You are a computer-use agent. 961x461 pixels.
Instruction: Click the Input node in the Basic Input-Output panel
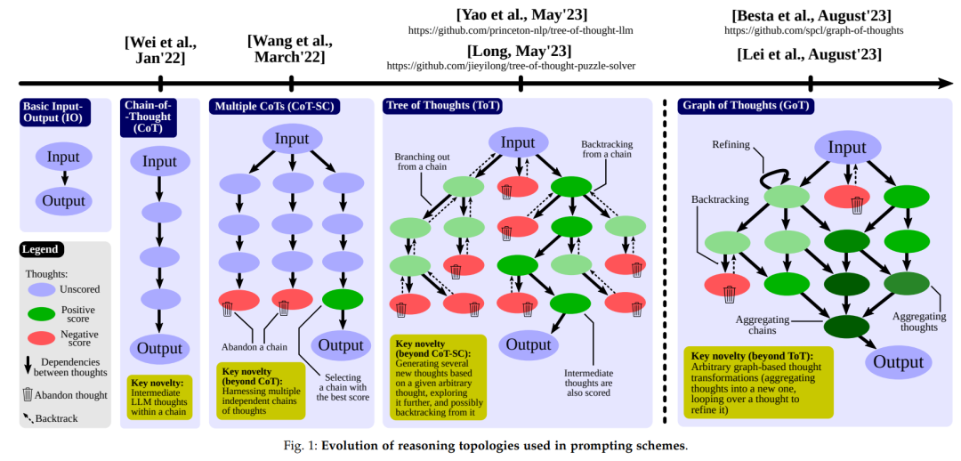(63, 157)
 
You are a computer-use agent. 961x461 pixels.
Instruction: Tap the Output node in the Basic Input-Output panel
(64, 200)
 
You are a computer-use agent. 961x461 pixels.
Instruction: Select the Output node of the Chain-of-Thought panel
(159, 347)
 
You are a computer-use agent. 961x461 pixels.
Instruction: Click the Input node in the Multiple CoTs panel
(291, 139)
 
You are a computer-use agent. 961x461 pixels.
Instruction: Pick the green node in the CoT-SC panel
(342, 299)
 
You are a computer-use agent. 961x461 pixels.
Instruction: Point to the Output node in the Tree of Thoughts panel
(529, 344)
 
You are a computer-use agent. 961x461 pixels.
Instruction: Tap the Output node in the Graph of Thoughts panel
(898, 361)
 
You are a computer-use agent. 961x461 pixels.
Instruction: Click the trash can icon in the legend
(28, 393)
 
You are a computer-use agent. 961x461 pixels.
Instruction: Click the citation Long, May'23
(521, 50)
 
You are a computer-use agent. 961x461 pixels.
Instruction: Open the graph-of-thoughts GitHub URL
(813, 30)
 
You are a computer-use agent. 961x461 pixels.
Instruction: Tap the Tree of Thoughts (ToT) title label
(442, 106)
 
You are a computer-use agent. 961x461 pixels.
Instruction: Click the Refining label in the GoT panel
(731, 144)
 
